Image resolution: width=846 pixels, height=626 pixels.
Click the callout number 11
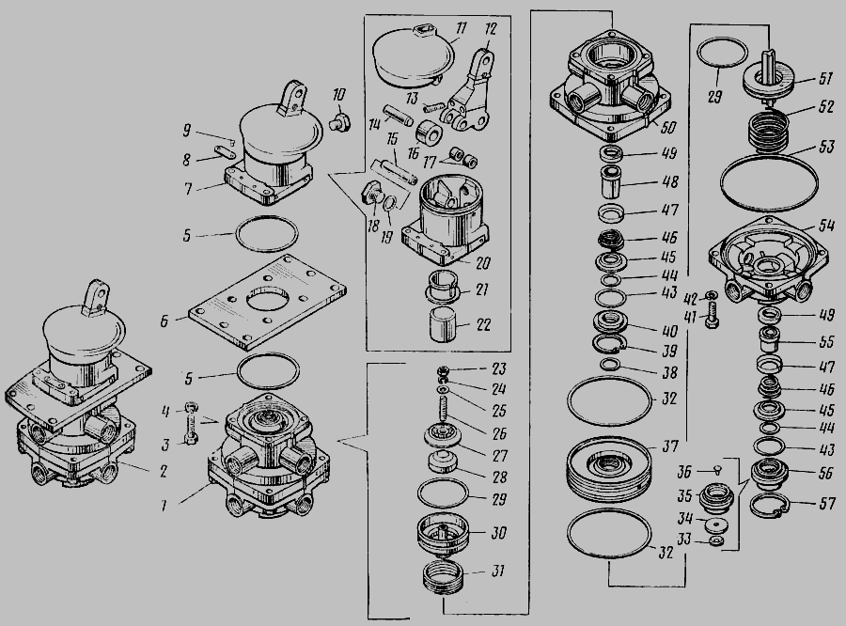coord(461,29)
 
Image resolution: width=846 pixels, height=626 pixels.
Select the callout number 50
coord(667,127)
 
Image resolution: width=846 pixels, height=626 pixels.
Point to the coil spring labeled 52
coord(767,130)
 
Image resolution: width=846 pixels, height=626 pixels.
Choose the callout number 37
coord(669,446)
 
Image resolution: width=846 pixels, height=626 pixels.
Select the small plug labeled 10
coord(340,121)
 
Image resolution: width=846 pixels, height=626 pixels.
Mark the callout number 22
coord(483,325)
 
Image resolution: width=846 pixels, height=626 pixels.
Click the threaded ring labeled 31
coord(444,576)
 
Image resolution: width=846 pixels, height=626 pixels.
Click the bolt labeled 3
coord(191,424)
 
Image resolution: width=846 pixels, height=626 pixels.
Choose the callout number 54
coord(826,225)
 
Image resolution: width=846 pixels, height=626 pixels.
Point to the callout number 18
coord(373,225)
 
